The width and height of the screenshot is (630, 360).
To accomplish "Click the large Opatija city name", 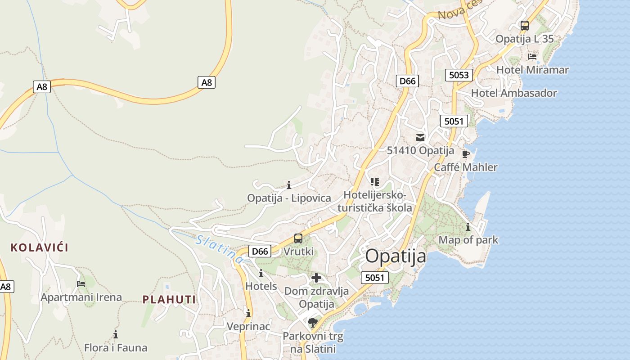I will click(396, 256).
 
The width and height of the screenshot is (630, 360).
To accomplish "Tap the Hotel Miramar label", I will click(532, 70).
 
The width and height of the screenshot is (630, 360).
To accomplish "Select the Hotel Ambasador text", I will click(514, 93).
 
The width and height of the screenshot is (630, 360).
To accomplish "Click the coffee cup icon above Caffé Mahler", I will click(466, 154).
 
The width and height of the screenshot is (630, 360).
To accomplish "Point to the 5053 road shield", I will click(459, 75).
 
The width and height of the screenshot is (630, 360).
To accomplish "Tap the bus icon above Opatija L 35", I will click(525, 26).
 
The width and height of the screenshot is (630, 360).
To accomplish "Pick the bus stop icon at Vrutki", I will click(298, 238).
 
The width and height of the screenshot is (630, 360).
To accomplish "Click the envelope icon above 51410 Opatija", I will click(420, 138).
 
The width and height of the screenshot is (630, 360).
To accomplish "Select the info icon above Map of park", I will click(468, 227).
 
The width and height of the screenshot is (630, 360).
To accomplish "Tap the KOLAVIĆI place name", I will click(39, 247).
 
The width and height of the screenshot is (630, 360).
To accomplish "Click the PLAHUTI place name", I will click(169, 299).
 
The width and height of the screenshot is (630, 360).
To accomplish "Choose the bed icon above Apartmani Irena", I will click(81, 283).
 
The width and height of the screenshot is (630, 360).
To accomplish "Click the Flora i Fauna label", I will click(116, 348).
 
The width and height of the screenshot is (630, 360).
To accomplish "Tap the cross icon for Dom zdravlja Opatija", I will click(316, 278).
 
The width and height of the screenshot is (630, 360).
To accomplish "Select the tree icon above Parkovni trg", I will click(312, 322).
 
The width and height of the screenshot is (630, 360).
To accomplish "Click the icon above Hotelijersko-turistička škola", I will click(375, 182).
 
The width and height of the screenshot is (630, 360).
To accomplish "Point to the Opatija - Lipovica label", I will click(289, 198).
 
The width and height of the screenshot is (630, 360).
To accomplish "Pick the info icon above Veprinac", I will click(248, 313).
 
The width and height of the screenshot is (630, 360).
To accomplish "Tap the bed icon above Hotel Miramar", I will click(532, 57).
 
